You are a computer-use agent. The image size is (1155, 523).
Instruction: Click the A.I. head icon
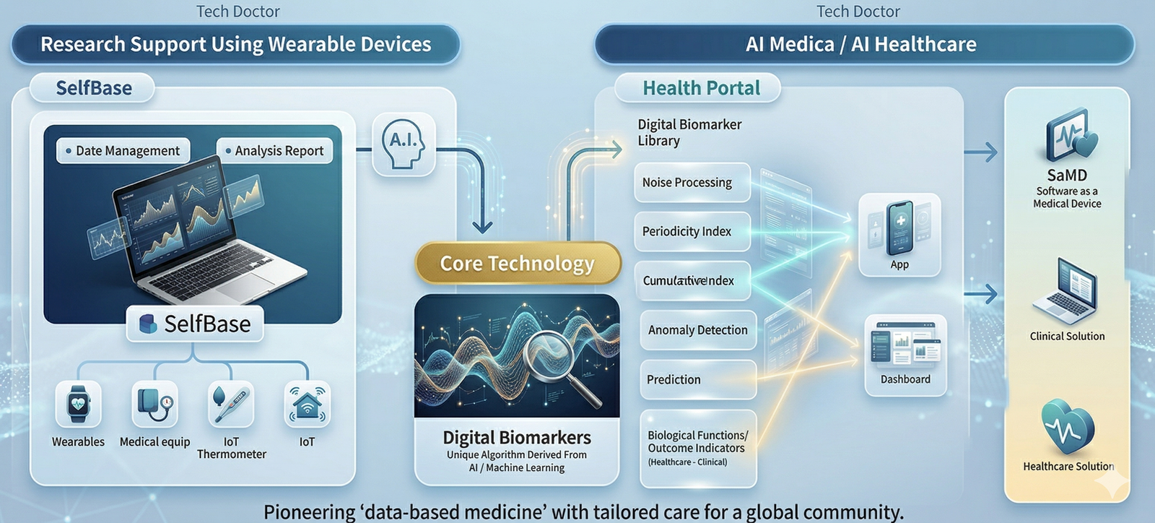click(404, 144)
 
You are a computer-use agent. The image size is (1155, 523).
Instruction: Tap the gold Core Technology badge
click(518, 264)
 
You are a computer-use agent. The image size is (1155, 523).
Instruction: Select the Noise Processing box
click(692, 183)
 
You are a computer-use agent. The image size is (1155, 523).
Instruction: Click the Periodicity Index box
click(692, 232)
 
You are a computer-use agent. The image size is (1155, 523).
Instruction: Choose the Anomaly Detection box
click(697, 330)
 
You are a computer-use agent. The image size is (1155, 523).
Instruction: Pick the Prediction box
click(697, 380)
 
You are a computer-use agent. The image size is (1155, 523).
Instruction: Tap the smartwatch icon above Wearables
click(78, 404)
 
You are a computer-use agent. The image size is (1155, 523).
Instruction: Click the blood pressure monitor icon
click(154, 404)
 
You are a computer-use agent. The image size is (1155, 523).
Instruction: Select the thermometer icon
click(231, 404)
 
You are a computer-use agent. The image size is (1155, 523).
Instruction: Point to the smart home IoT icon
click(308, 404)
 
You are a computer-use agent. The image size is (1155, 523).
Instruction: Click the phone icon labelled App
click(899, 228)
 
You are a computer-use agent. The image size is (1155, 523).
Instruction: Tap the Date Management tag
click(123, 151)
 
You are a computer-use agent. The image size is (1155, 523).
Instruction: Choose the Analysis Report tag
click(275, 151)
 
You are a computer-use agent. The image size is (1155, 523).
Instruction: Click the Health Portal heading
click(700, 88)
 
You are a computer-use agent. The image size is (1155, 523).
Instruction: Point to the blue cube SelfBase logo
click(147, 324)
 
